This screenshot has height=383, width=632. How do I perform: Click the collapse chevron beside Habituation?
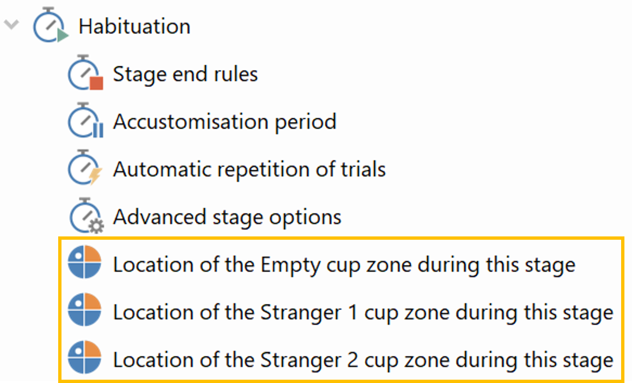point(11,24)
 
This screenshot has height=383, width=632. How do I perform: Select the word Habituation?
point(134,26)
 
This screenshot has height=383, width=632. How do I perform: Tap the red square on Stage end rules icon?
point(97,83)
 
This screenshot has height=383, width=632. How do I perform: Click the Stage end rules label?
point(185,74)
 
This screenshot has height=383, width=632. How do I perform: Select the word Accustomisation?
point(191,122)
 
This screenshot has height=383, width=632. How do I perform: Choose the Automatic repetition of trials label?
point(249,169)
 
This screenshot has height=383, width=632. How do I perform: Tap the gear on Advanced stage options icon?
point(97,226)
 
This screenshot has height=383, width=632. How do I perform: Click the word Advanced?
point(160,217)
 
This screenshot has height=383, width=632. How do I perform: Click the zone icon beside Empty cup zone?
point(84,262)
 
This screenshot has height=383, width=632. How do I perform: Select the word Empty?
point(290,266)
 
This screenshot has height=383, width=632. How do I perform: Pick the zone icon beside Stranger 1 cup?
point(84,310)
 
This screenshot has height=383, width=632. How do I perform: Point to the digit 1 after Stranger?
point(353,313)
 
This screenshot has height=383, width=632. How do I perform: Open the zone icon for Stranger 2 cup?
point(84,357)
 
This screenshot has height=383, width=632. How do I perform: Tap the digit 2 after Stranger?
point(353,360)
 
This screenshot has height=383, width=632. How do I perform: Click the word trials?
point(363,169)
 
